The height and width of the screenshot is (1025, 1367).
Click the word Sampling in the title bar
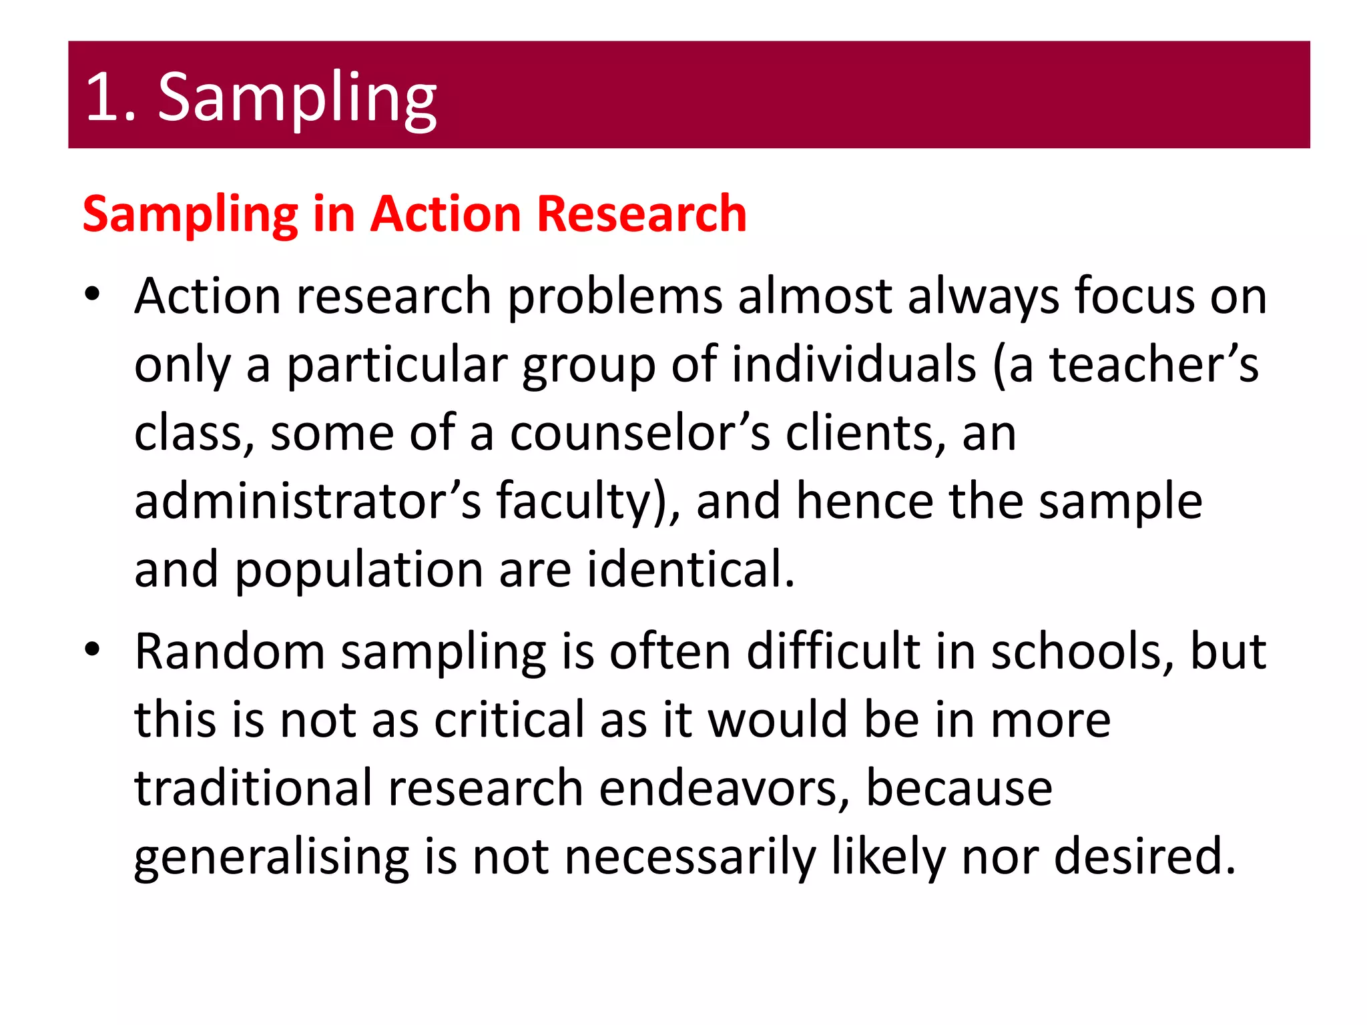click(x=297, y=99)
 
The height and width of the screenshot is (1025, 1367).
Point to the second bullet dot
click(x=92, y=649)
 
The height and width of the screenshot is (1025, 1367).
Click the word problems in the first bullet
click(x=614, y=296)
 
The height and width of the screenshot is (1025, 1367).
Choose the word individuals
click(x=854, y=364)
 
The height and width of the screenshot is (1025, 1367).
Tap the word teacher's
click(x=1154, y=364)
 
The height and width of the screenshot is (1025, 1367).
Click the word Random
click(x=229, y=651)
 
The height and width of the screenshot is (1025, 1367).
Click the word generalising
click(x=271, y=858)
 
